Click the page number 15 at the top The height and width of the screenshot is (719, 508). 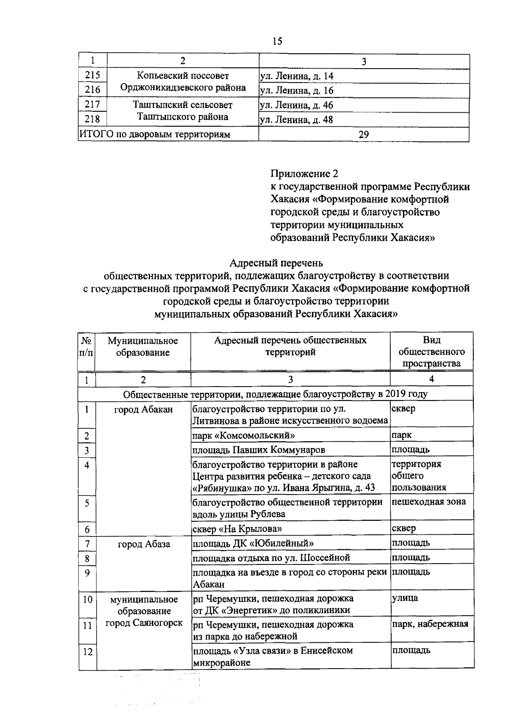pos(277,41)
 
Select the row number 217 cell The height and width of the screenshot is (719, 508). pos(92,105)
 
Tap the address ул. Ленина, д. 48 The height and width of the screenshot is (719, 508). pos(296,120)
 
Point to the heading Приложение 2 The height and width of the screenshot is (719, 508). pos(304,174)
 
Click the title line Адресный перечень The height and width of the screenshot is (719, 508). pos(276,263)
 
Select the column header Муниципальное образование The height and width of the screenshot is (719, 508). pos(143,346)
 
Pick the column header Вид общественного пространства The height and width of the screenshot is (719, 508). pos(431,351)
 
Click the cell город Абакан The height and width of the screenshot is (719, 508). pos(144,409)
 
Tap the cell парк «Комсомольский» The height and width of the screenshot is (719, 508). pos(244,435)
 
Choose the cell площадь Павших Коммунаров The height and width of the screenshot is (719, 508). pos(259,450)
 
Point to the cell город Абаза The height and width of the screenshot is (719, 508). pos(144,544)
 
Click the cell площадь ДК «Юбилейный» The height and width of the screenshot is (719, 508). pos(253,543)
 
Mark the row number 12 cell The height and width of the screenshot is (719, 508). pos(87,652)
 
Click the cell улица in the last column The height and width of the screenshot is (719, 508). pos(405,598)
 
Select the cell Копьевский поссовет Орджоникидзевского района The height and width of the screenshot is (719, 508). pos(183,82)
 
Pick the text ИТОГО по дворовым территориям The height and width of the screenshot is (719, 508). pos(155,135)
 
